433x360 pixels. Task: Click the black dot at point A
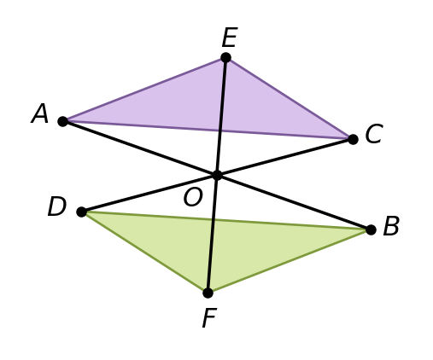coord(62,121)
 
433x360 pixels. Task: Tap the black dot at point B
coord(371,229)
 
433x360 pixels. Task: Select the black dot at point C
coord(353,139)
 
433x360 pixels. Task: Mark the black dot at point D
coord(82,212)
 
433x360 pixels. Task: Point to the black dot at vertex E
coord(225,58)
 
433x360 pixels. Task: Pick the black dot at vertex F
coord(208,293)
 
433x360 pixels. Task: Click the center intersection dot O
coord(217,175)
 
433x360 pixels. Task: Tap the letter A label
coord(40,113)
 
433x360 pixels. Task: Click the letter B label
coord(391,226)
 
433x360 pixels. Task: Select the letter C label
coord(374,134)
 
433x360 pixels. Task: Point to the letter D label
coord(57,206)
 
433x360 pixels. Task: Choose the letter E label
coord(230,38)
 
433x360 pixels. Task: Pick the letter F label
coord(209,318)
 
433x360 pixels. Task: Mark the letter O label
coord(193,197)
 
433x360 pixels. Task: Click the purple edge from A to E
coord(144,90)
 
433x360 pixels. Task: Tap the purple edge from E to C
coord(290,98)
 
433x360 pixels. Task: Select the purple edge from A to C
coord(208,131)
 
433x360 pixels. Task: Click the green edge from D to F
coord(144,253)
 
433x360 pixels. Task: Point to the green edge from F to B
coord(290,261)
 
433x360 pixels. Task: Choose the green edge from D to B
coord(226,221)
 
